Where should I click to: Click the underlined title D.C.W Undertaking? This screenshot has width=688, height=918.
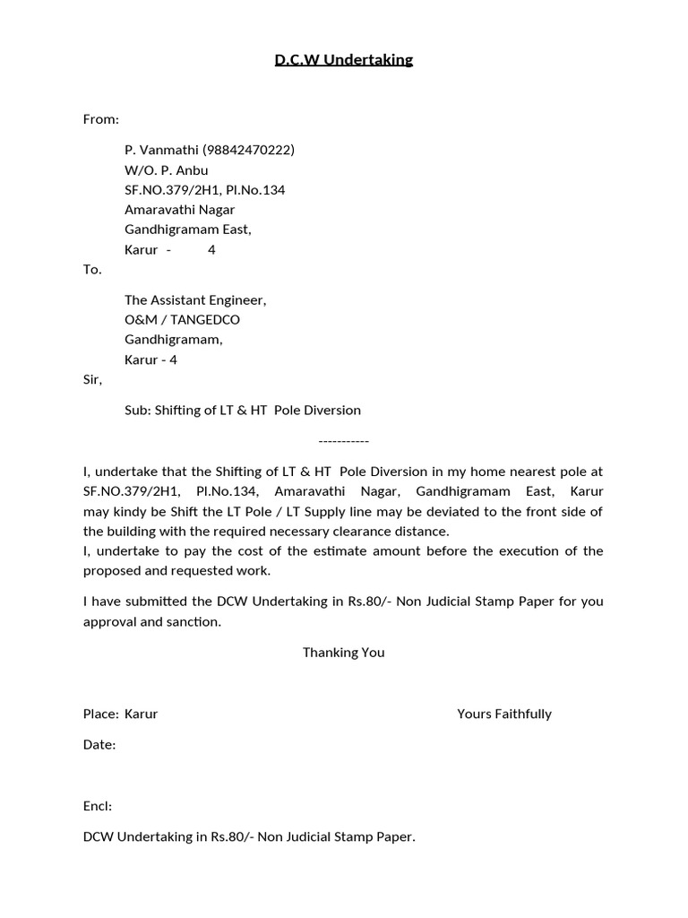343,60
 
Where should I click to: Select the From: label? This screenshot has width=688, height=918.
101,119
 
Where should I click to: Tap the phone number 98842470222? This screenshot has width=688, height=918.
248,150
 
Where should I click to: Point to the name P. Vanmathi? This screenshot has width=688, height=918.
161,150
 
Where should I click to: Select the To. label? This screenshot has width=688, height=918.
92,269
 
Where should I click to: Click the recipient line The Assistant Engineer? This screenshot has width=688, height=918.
194,299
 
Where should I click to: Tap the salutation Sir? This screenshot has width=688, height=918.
92,379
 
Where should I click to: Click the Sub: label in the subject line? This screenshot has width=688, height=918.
137,410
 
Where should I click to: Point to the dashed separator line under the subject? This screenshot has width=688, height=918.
343,441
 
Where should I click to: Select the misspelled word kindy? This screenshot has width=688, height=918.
130,511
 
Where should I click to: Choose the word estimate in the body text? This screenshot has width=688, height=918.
331,550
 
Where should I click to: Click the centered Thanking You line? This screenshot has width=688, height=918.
343,652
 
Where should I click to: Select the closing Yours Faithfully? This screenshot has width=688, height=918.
503,714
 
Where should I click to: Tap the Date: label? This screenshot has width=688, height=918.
99,744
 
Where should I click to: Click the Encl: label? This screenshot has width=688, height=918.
98,806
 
